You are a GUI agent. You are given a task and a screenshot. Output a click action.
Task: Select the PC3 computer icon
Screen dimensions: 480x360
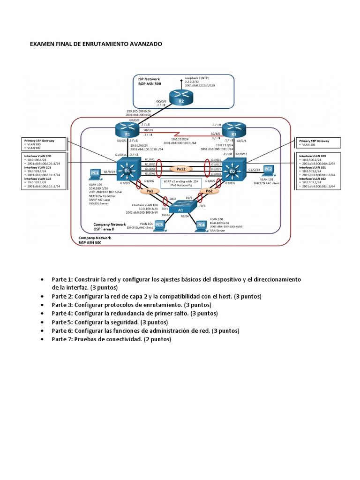tap(159, 225)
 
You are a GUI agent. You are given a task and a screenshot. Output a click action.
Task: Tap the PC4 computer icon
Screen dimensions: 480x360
tap(201, 225)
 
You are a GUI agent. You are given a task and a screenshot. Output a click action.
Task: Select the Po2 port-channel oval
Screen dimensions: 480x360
tap(210, 191)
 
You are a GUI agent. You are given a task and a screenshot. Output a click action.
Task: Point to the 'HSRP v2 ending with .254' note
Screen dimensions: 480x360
tap(180, 181)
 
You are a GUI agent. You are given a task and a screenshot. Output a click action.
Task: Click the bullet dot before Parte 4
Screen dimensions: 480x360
tap(43, 314)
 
